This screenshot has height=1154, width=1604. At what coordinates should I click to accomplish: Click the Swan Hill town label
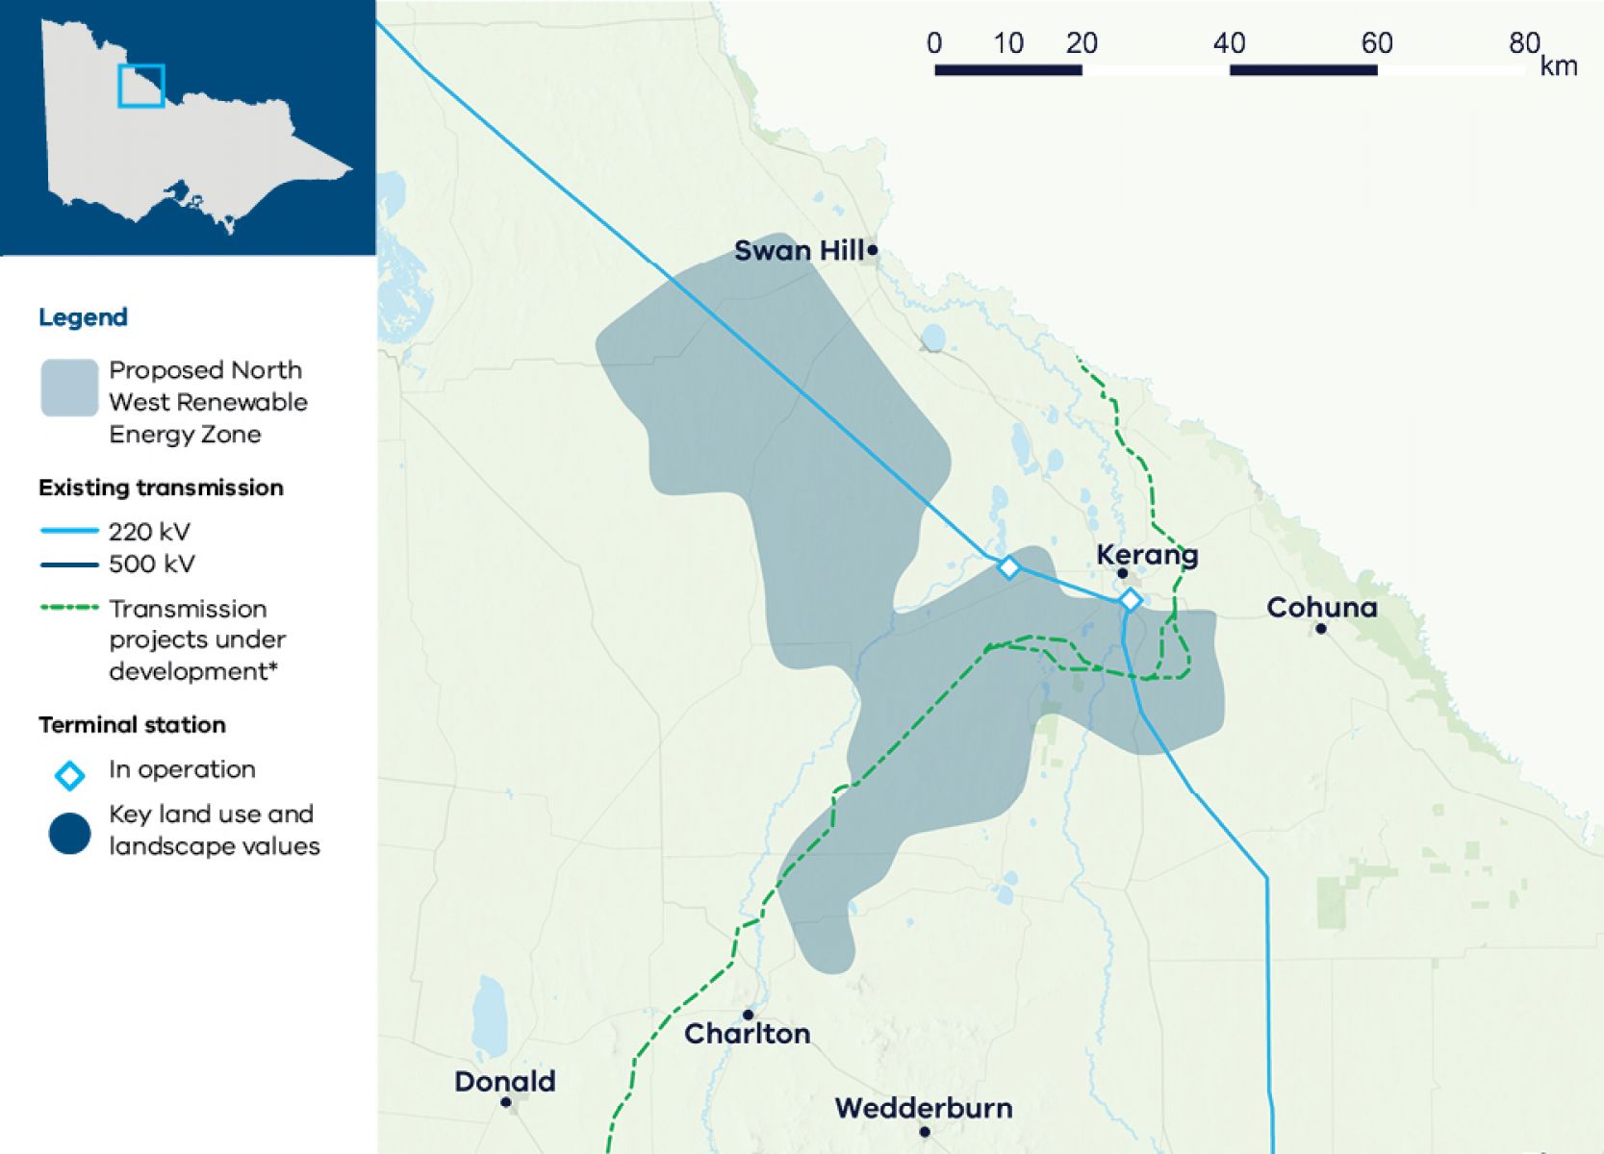(799, 251)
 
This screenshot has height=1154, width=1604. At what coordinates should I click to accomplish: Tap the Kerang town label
(1147, 555)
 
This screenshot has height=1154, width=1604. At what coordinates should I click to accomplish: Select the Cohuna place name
(1321, 608)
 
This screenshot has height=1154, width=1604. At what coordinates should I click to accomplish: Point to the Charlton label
(747, 1034)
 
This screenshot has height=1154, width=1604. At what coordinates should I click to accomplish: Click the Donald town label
(504, 1082)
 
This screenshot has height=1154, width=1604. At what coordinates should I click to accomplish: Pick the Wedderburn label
(924, 1108)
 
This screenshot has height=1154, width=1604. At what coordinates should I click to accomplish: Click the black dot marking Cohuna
(1321, 629)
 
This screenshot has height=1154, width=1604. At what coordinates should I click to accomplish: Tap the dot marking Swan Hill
(873, 250)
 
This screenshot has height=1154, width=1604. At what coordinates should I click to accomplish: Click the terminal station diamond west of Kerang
(1008, 567)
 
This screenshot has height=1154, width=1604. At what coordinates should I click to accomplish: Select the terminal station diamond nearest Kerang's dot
(1131, 600)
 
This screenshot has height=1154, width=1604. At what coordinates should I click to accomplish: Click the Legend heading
(83, 317)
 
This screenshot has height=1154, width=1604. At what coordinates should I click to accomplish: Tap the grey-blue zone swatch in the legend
(69, 388)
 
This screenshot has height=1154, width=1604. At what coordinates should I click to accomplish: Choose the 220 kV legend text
(149, 532)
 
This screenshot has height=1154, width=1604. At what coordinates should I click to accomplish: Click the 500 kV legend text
(151, 564)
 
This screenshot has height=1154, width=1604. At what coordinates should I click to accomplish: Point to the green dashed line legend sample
(69, 608)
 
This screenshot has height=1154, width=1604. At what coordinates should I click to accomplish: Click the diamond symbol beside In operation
(69, 775)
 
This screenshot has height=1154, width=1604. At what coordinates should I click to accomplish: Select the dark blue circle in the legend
(69, 834)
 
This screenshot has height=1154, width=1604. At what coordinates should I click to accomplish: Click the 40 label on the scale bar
(1229, 43)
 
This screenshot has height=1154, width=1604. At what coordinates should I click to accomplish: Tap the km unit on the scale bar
(1559, 66)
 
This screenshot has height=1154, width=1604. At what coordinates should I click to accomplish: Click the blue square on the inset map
(141, 86)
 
